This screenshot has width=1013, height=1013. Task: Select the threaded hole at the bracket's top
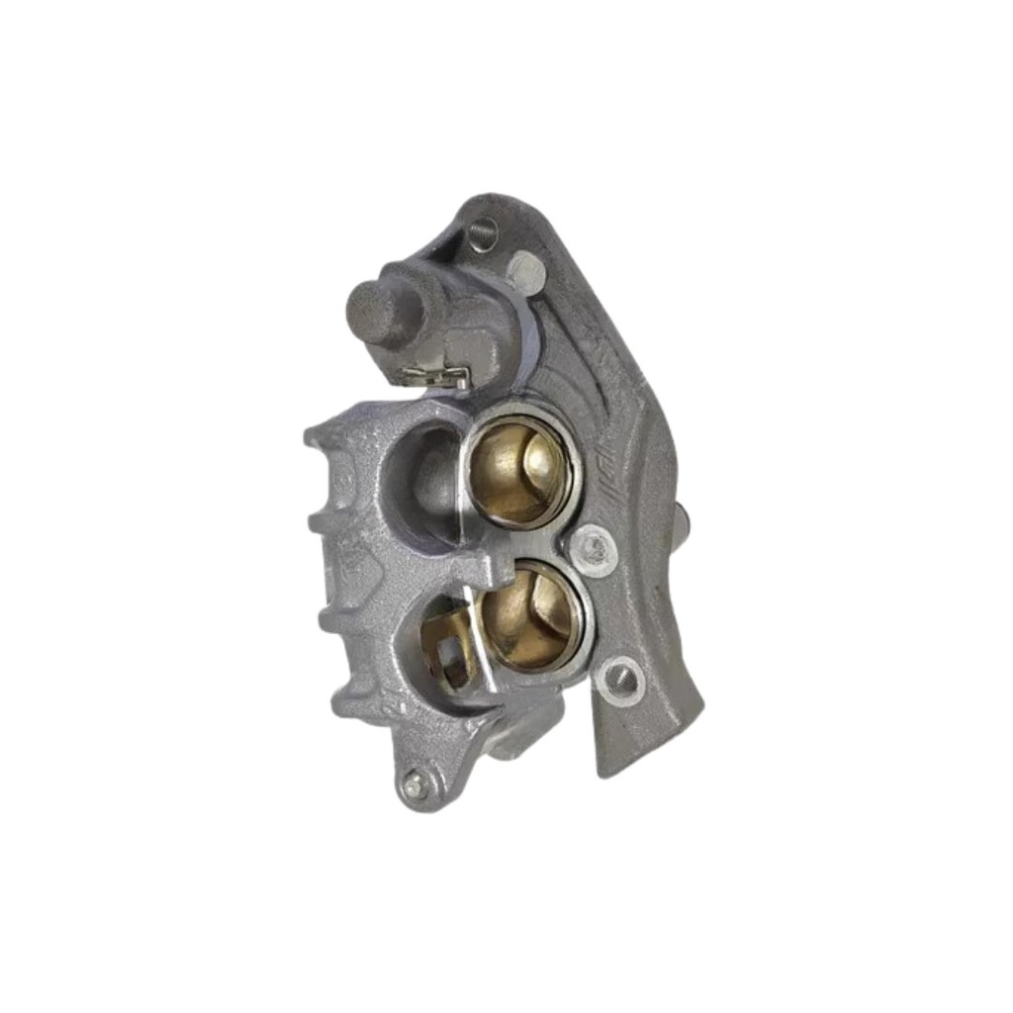(x=482, y=233)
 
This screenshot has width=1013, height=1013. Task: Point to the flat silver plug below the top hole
(x=523, y=268)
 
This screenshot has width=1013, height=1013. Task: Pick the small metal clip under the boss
(x=435, y=375)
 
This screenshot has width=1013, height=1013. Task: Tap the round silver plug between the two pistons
(x=595, y=547)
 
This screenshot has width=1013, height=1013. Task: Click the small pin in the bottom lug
(x=413, y=785)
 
